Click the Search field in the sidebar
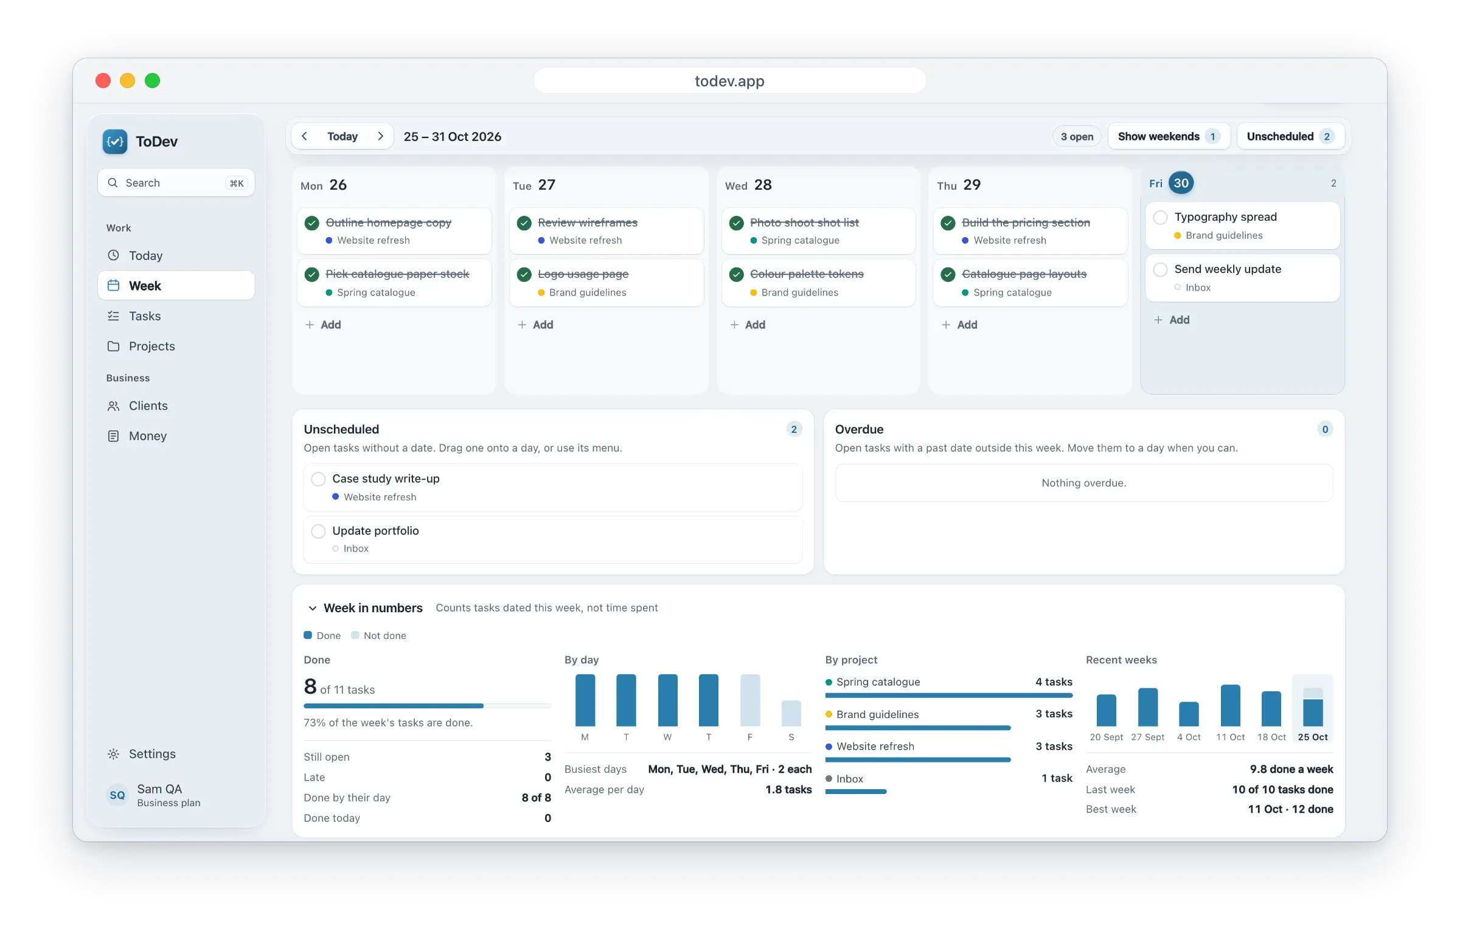click(x=176, y=183)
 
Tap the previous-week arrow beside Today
click(x=304, y=136)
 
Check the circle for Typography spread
click(x=1160, y=217)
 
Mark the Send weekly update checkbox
click(x=1160, y=269)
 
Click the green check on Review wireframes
click(x=524, y=223)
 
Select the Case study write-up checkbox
click(x=318, y=479)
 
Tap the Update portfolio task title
click(x=375, y=531)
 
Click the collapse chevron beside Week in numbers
click(x=313, y=608)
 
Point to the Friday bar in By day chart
click(x=750, y=700)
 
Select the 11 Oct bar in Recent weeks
click(x=1230, y=705)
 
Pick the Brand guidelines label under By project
click(x=877, y=714)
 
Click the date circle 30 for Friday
click(x=1181, y=183)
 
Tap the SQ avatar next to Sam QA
click(x=117, y=795)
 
